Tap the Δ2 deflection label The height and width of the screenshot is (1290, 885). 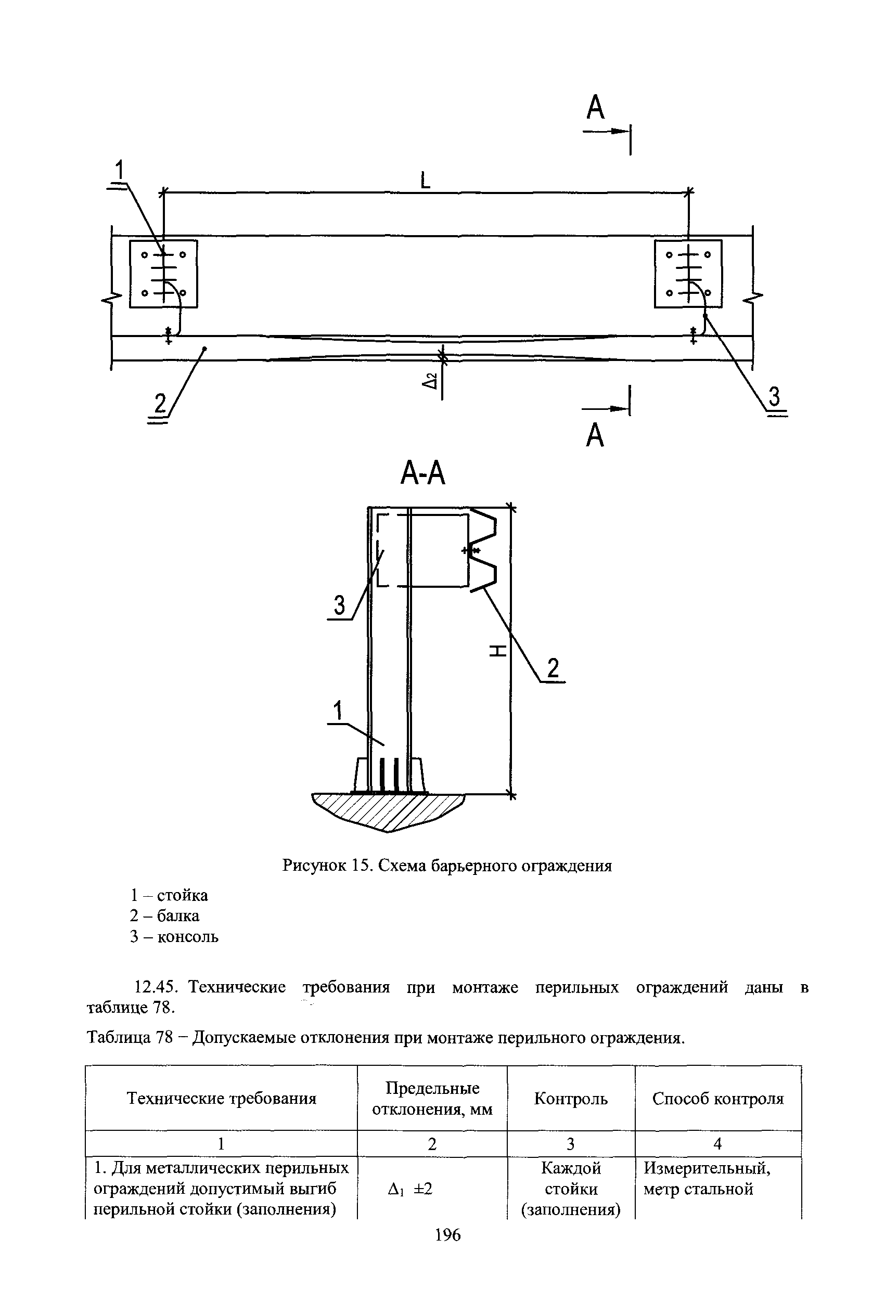pos(430,381)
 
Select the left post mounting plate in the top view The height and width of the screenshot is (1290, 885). pos(163,274)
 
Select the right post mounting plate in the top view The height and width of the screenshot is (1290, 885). pos(688,274)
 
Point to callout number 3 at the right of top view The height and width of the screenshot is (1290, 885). pos(774,397)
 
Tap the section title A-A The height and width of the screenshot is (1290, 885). pos(423,474)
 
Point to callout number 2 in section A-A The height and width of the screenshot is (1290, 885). pos(553,669)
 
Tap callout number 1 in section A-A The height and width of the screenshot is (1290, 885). pos(338,712)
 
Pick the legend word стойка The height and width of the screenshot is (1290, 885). pos(182,895)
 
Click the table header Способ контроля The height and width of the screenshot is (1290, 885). pos(718,1098)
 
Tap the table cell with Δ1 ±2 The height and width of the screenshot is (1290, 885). pos(411,1189)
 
